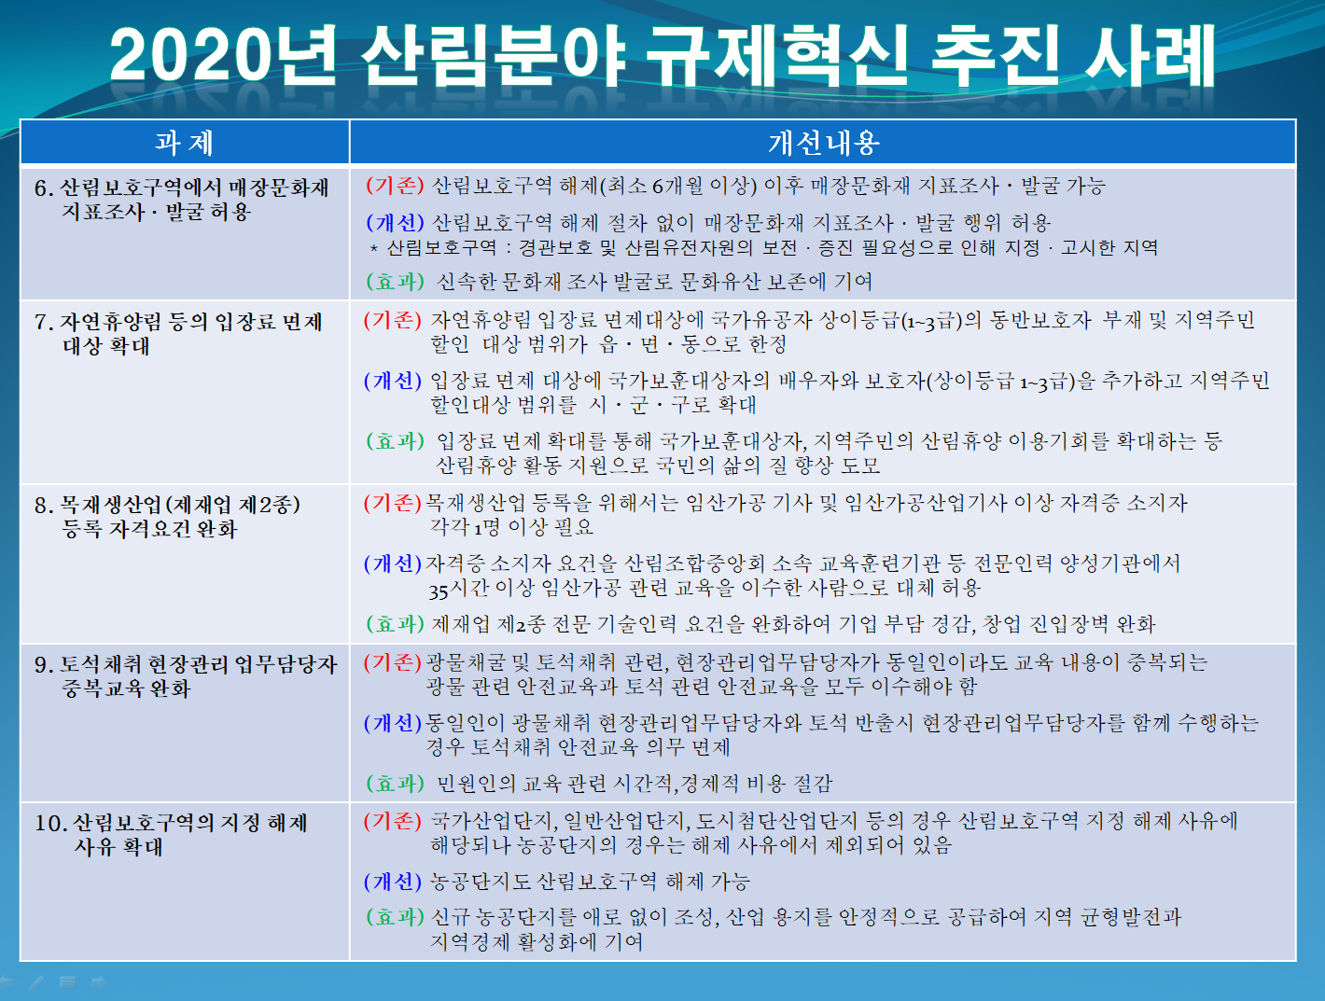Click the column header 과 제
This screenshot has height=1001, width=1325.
coord(184,143)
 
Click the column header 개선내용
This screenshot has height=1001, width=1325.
coord(823,143)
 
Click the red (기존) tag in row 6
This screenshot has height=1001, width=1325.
coord(395,186)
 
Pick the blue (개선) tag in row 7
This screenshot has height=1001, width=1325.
coord(393,381)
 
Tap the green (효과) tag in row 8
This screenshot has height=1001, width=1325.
coord(395,623)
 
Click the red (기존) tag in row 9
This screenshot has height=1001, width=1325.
coord(393,662)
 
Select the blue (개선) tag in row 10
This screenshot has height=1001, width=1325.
coord(393,883)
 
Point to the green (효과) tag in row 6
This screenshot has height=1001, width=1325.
coord(395,281)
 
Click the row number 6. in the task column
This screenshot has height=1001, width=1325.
coord(44,188)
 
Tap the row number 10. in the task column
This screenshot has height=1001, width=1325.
coord(50,823)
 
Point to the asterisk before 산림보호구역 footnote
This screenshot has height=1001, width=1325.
coord(373,248)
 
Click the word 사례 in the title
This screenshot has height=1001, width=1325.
coord(1150,56)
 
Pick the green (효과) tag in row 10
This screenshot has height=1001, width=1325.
coord(395,917)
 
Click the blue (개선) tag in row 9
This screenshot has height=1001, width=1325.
coord(393,723)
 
